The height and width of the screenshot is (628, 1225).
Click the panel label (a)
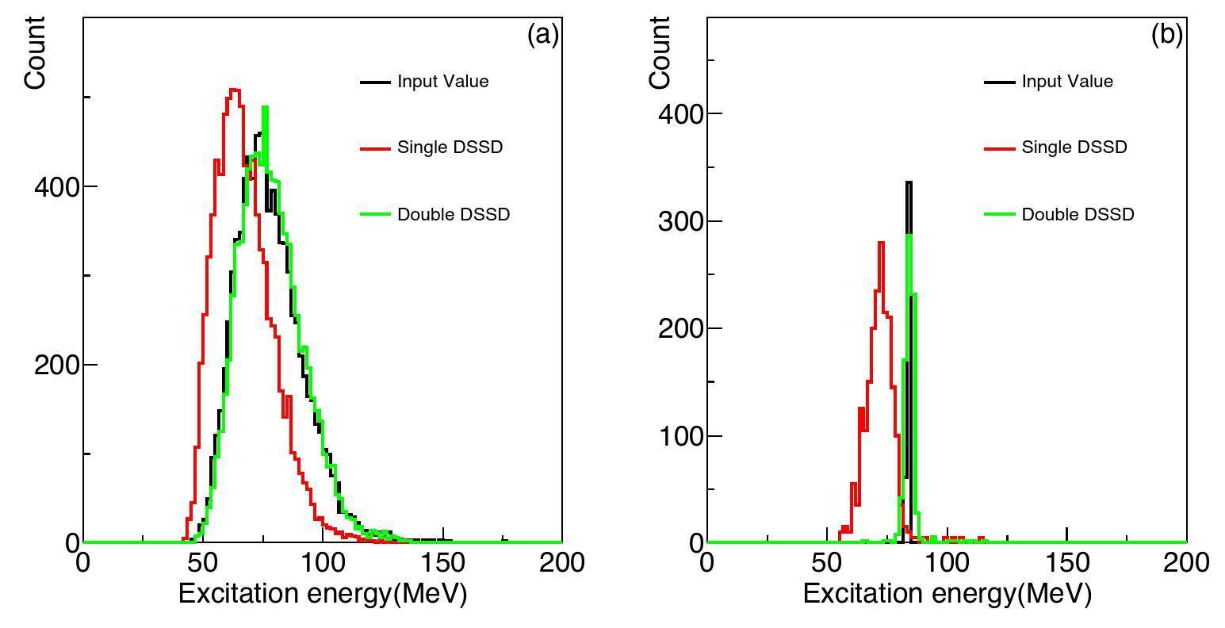point(543,35)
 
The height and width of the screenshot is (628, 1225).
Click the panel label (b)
point(1167,35)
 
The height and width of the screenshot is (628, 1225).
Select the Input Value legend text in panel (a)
point(442,82)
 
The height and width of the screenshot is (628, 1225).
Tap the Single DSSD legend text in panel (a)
point(450,147)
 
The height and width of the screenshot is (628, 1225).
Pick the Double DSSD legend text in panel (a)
point(453,215)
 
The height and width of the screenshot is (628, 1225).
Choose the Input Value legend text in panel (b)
point(1067,82)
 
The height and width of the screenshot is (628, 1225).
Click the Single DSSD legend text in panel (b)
point(1074,147)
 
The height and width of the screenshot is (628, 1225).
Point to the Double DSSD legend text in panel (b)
point(1078,215)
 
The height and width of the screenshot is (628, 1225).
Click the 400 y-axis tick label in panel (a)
point(55,187)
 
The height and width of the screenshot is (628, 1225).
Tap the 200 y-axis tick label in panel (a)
point(55,366)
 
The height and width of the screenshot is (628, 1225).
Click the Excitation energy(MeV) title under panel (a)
point(322,594)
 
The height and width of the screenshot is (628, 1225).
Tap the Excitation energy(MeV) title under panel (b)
point(947,594)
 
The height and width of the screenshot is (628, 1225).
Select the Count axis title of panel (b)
point(660,53)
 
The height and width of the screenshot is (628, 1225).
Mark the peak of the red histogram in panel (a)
point(233,90)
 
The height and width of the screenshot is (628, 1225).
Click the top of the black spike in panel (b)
point(909,182)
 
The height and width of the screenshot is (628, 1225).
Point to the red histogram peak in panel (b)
point(880,242)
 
